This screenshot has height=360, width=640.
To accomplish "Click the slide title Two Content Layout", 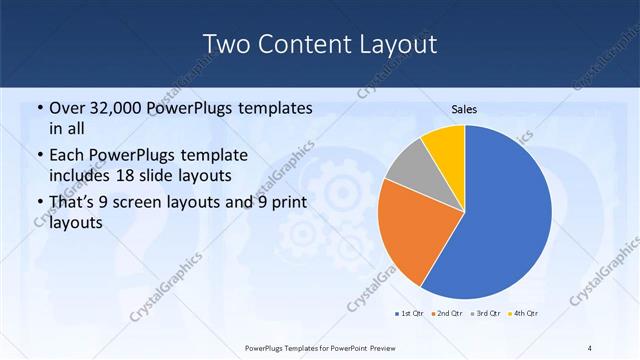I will point(319,45).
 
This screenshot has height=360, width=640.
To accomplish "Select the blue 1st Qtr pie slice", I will point(510,215).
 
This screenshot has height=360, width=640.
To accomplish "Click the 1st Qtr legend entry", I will point(407,314).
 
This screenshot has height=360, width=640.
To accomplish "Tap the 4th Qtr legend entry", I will point(523,314).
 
